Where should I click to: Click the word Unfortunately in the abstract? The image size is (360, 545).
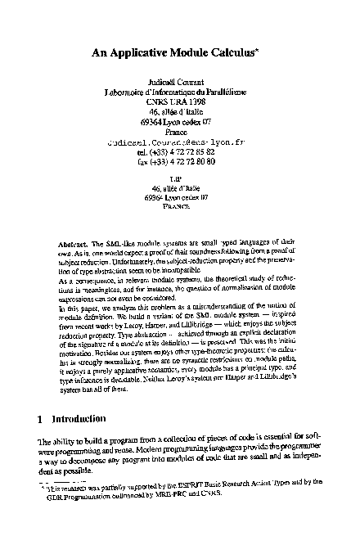coord(119,264)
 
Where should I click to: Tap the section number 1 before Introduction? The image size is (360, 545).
coord(40,419)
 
